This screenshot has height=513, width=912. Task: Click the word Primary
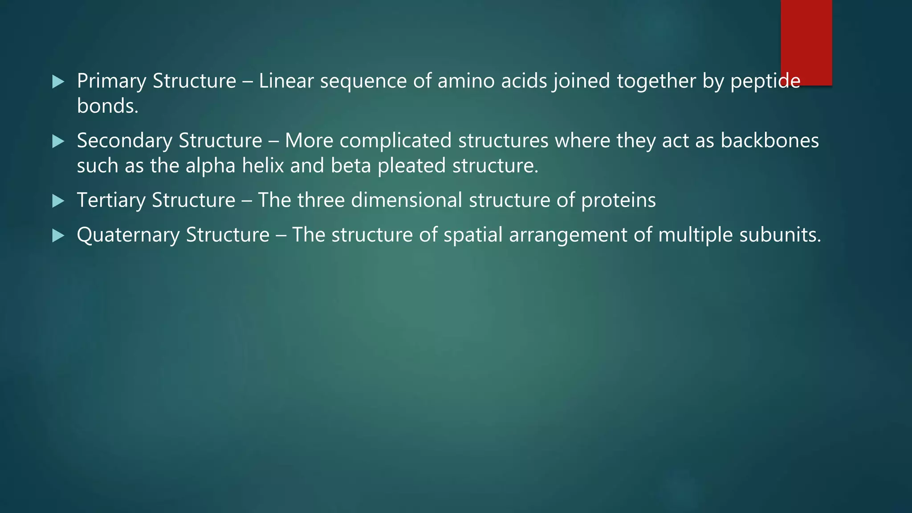point(111,81)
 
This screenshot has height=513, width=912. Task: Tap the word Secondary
point(124,141)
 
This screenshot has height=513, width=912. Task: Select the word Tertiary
point(111,200)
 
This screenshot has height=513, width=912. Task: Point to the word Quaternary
point(128,235)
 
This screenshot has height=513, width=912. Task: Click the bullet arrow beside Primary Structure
point(58,82)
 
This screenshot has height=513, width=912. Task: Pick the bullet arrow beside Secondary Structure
point(58,142)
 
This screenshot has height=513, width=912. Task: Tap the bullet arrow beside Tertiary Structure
point(58,201)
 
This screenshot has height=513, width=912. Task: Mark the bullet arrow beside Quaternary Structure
point(58,236)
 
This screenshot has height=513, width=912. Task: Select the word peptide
point(765,81)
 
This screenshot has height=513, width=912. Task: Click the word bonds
point(107,106)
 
